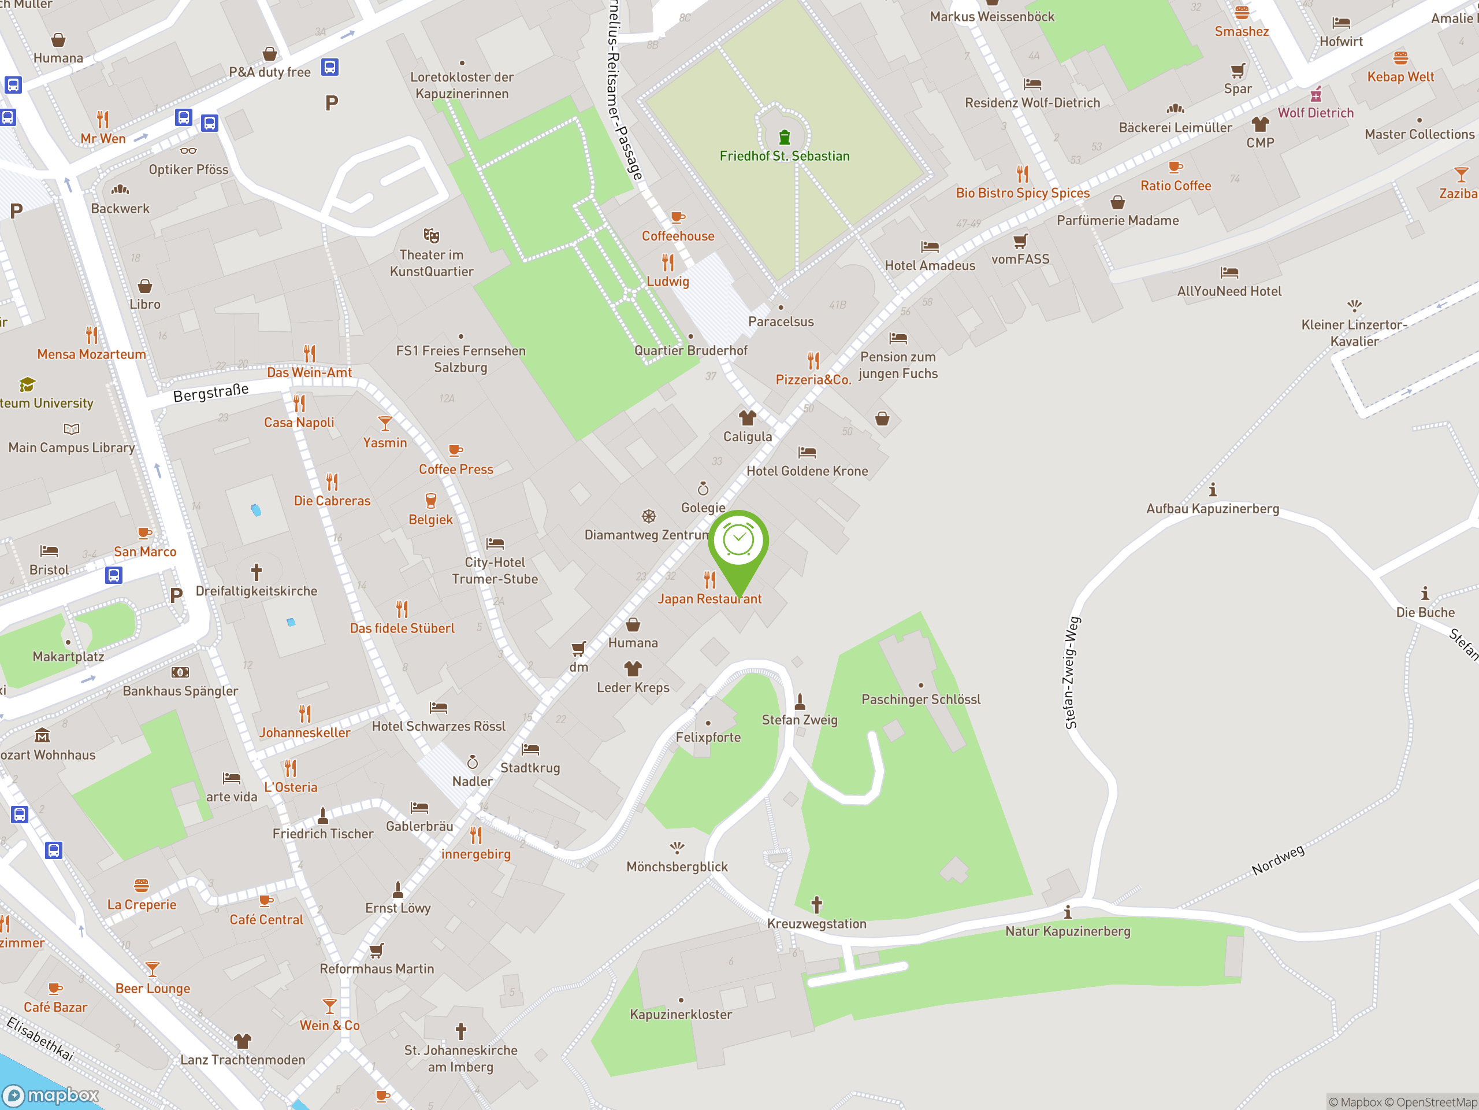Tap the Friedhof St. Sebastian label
click(785, 156)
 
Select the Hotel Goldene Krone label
click(807, 471)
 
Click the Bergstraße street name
click(211, 392)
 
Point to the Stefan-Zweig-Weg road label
click(1072, 672)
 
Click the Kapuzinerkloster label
click(681, 1015)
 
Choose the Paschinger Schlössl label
click(921, 699)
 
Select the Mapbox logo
click(51, 1096)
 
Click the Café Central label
click(266, 920)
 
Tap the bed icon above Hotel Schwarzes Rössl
click(439, 707)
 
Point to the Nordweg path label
click(1278, 860)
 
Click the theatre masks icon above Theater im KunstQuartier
click(431, 235)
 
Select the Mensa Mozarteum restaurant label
click(92, 354)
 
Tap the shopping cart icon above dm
click(579, 648)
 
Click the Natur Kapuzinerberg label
click(1068, 931)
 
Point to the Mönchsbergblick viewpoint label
click(677, 867)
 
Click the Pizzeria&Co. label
click(813, 379)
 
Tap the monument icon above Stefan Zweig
click(800, 701)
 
